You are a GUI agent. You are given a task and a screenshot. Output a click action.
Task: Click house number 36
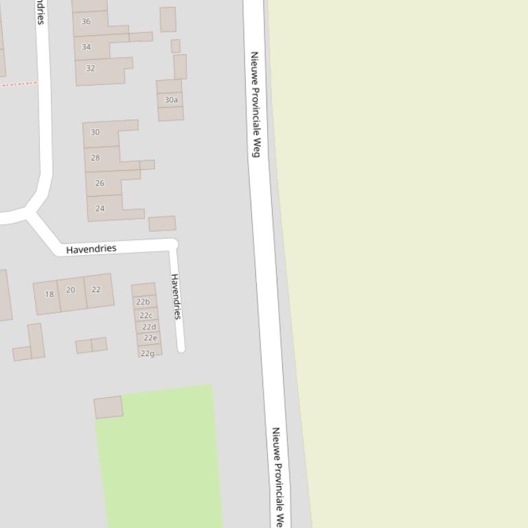click(86, 22)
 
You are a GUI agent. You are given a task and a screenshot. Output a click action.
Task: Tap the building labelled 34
click(86, 47)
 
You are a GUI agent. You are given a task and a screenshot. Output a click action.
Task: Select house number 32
click(90, 69)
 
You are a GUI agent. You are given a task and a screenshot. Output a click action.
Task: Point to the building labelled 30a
click(171, 100)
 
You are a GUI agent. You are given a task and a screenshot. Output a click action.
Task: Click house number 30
click(95, 132)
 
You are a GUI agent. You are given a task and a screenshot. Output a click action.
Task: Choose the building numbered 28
click(95, 158)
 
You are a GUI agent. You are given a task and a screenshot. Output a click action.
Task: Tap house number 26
click(100, 183)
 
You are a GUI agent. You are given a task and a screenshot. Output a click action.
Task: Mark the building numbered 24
click(100, 208)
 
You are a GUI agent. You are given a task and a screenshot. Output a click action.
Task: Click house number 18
click(49, 295)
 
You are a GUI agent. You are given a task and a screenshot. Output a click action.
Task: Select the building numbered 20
click(71, 290)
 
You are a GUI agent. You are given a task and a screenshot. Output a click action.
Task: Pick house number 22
click(95, 289)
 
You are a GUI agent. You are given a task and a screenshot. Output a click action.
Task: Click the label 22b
click(143, 302)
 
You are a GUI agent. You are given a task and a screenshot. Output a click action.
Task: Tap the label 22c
click(146, 315)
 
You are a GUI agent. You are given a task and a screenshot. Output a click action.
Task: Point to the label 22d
click(149, 327)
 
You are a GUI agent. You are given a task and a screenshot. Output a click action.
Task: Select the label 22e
click(150, 338)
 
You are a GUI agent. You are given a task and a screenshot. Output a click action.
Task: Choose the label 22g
click(148, 353)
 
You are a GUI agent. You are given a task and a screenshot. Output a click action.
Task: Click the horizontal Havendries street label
click(91, 249)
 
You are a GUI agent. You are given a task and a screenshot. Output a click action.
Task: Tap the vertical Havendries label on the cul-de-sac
click(176, 296)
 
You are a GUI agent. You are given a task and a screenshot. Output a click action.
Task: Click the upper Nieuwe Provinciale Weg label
click(255, 104)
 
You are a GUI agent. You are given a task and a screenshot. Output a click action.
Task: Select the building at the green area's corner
click(108, 407)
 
